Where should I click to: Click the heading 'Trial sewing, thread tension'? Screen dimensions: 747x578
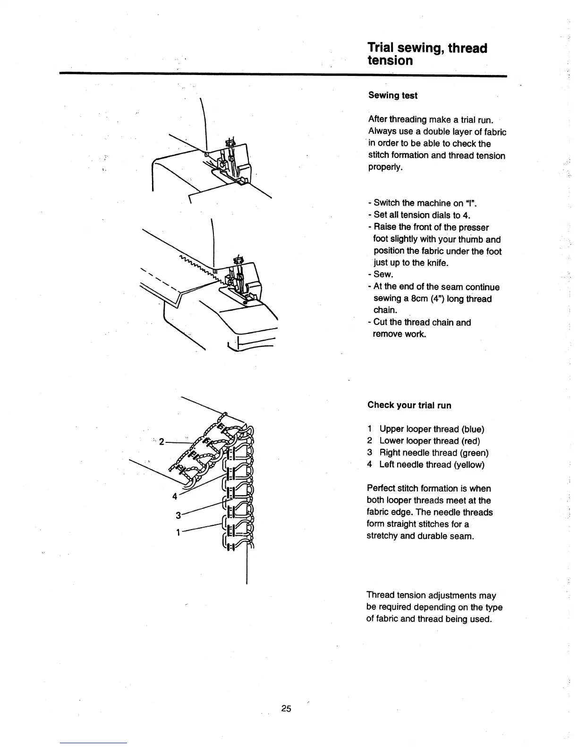(x=427, y=54)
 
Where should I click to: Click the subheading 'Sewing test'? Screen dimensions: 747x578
(x=392, y=96)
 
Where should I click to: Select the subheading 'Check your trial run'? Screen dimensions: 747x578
(x=409, y=405)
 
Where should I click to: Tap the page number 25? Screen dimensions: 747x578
(x=286, y=708)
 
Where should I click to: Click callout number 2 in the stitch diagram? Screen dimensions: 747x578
(x=161, y=442)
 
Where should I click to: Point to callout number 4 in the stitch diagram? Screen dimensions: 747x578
(x=175, y=496)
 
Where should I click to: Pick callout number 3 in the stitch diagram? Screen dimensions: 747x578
(x=178, y=515)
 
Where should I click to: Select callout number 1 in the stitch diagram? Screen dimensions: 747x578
(x=178, y=533)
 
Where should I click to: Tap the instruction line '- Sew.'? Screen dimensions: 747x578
(x=383, y=274)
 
